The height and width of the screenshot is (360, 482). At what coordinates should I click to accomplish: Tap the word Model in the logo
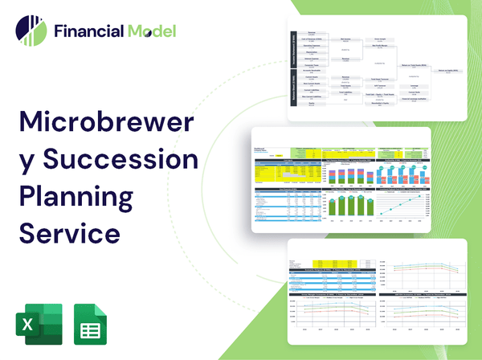click(150, 31)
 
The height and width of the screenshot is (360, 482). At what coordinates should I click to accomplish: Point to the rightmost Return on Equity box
click(449, 71)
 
